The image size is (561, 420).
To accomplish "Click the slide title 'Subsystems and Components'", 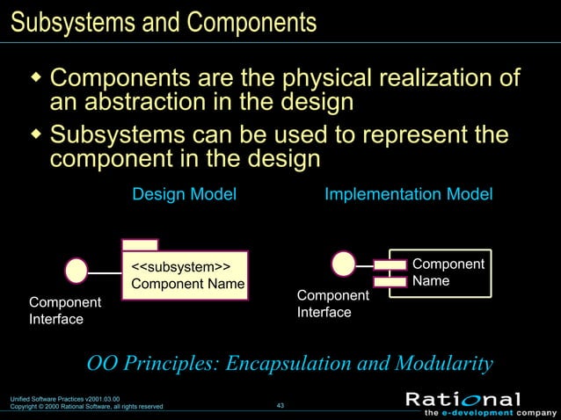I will [163, 21].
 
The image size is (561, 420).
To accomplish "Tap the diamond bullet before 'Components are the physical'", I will [36, 80].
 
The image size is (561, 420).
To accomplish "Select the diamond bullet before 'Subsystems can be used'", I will [36, 136].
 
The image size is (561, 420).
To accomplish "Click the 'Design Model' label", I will [184, 194].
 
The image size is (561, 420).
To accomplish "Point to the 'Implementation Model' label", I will [408, 194].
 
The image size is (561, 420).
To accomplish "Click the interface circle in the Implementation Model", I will [344, 263].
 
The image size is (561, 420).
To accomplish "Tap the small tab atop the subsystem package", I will [140, 244].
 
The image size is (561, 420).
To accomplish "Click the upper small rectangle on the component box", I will [389, 264].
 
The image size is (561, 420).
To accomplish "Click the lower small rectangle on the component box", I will [389, 282].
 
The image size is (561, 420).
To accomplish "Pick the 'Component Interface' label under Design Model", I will [64, 310].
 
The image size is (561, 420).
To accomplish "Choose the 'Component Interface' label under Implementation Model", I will [332, 303].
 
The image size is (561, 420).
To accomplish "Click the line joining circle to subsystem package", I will [105, 272].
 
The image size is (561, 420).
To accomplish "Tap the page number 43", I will [280, 405].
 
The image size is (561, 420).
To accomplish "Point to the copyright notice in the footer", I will [86, 407].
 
